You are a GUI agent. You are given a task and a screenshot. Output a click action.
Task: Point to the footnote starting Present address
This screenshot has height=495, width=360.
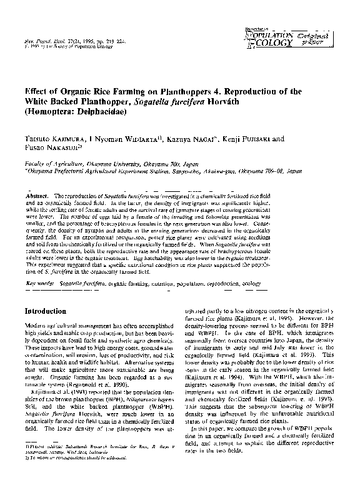(100, 464)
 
